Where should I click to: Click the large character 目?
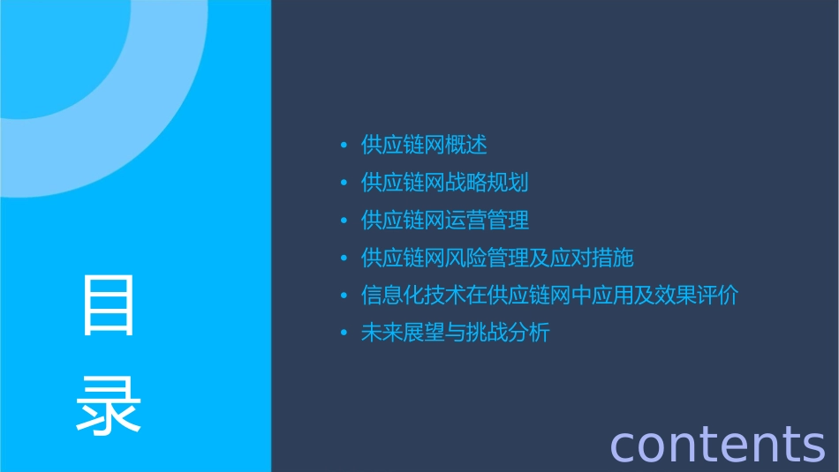[x=109, y=305]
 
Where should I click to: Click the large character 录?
[x=109, y=405]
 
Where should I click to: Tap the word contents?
[x=717, y=443]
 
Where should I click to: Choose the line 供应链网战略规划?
[x=444, y=183]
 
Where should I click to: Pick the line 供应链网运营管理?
[x=444, y=220]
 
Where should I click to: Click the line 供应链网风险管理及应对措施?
[x=497, y=258]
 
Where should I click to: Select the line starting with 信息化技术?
[x=549, y=295]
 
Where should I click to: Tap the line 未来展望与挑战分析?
[x=455, y=333]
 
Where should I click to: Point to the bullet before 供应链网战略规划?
[x=344, y=184]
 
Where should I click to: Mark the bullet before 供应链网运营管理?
[x=344, y=221]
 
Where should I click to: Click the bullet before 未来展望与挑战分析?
[x=344, y=333]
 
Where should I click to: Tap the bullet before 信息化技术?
[x=344, y=296]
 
